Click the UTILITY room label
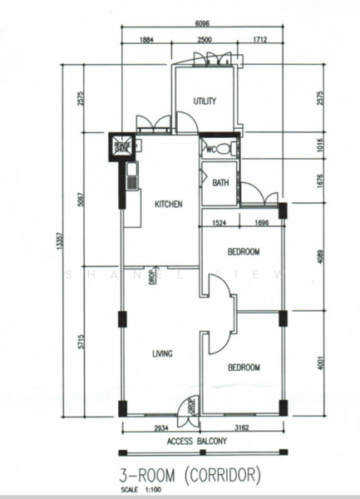click(205, 101)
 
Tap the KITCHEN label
click(168, 204)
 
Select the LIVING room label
click(162, 354)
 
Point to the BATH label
click(220, 183)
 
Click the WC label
click(212, 150)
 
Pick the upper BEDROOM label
click(244, 251)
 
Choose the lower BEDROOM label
click(244, 367)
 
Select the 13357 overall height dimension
click(60, 241)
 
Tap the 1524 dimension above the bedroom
click(219, 223)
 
